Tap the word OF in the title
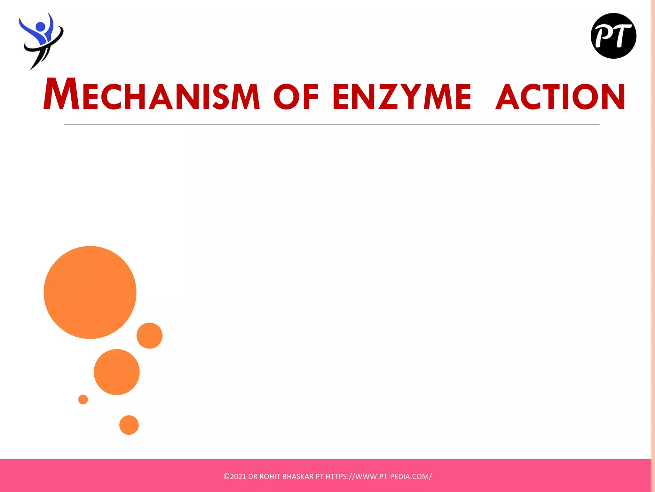click(296, 96)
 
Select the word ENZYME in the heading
click(402, 96)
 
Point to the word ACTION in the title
click(560, 96)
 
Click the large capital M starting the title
click(61, 94)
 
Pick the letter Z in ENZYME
click(387, 96)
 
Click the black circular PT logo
click(613, 36)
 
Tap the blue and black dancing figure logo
click(41, 41)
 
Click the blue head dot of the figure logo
click(40, 27)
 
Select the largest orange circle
click(90, 292)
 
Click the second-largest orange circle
click(117, 372)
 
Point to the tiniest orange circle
click(83, 399)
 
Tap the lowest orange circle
click(129, 425)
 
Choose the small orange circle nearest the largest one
click(149, 335)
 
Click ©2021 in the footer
click(235, 477)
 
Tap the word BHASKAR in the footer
click(298, 477)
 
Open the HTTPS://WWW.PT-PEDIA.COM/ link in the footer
click(378, 477)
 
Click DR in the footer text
click(252, 477)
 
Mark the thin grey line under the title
click(331, 125)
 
